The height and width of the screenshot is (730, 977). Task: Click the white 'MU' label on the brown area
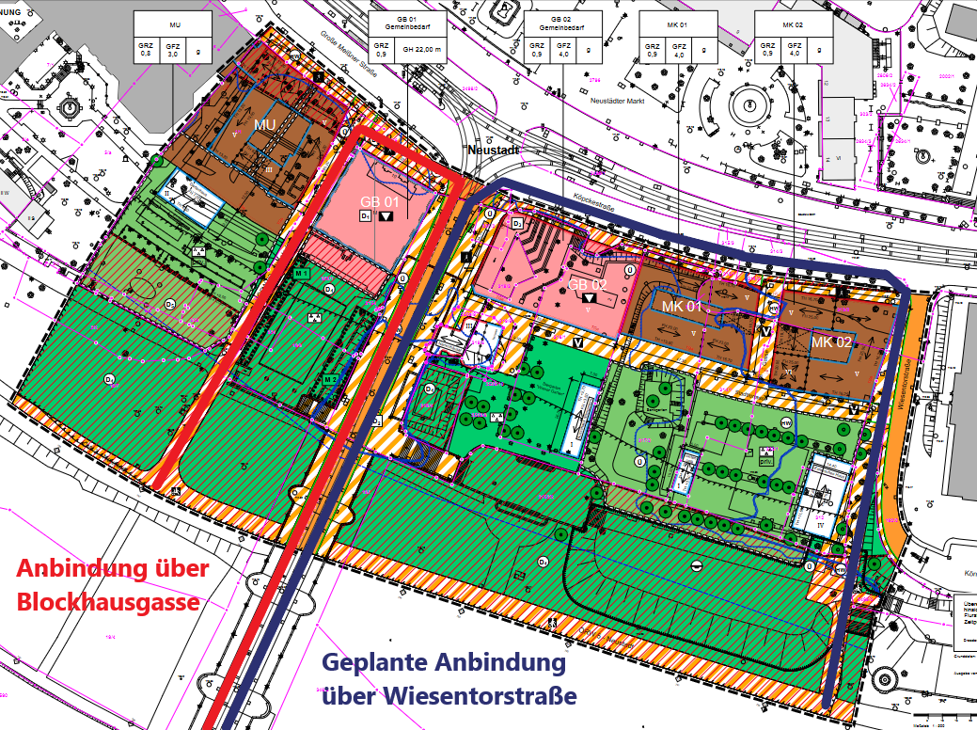point(264,124)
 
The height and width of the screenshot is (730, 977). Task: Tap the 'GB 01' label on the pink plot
point(380,201)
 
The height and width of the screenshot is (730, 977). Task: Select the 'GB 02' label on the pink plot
point(586,283)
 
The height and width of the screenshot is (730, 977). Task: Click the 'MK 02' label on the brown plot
point(831,342)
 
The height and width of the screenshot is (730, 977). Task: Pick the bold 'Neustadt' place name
point(495,150)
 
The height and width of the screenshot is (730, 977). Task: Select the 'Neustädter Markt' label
point(617,99)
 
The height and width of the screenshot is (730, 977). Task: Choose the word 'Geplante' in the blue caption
point(370,662)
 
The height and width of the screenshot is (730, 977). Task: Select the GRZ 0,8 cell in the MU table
point(146,49)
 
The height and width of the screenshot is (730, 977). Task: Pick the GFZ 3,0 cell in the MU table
point(172,49)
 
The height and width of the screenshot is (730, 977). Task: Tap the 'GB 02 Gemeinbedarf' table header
point(561,24)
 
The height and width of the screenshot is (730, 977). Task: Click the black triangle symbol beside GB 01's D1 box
point(386,216)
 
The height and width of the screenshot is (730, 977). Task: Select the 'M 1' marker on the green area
point(302,273)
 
